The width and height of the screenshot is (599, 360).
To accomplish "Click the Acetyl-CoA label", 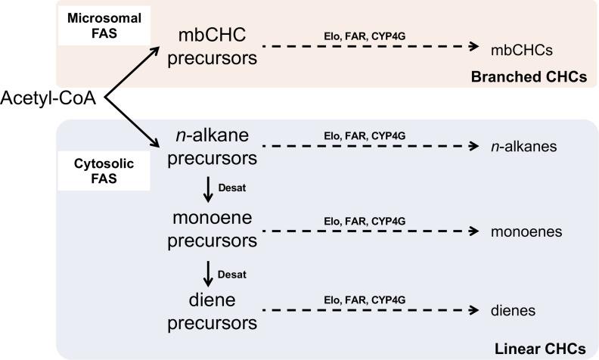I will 48,98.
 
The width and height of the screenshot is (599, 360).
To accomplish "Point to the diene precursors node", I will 209,311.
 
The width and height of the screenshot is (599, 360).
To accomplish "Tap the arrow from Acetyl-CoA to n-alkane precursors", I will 130,121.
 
